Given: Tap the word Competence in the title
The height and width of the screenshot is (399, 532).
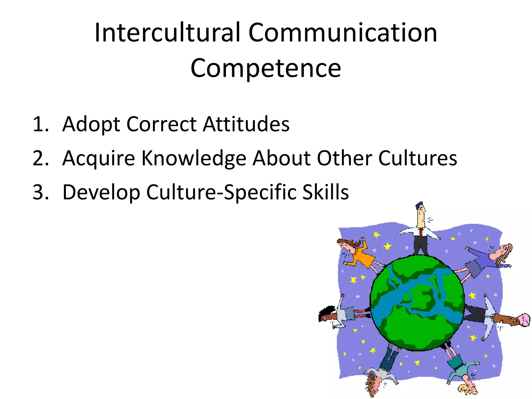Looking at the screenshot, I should [x=266, y=68].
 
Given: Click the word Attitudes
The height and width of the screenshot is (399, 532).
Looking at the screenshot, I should [x=246, y=124].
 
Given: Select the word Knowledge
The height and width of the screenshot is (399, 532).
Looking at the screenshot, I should [x=194, y=158].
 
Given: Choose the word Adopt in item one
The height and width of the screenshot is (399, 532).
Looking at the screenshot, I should [x=91, y=124].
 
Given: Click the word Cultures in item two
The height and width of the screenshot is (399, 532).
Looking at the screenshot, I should [x=417, y=158].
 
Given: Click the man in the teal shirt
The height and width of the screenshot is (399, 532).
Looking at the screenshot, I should [x=461, y=369].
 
